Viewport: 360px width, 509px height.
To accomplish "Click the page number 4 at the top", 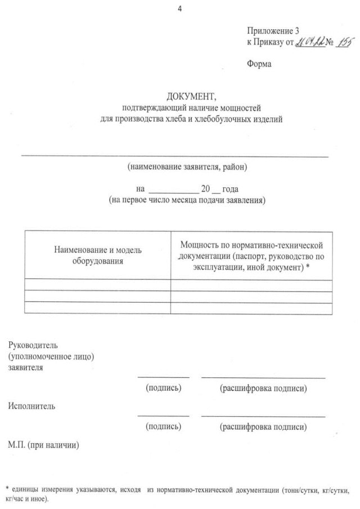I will point(179,8).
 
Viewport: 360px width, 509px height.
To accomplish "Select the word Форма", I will point(259,64).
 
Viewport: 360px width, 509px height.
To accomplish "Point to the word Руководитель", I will point(33,345).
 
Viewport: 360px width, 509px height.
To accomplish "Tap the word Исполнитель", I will point(31,406).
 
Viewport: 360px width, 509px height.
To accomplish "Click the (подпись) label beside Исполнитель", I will point(163,427).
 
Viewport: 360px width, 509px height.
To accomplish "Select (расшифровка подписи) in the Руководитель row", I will point(263,389).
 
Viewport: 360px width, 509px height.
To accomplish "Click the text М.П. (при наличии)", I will point(43,447).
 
